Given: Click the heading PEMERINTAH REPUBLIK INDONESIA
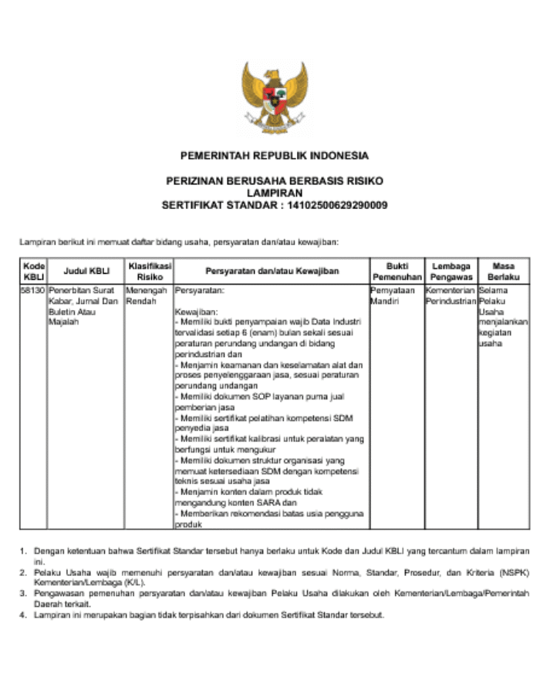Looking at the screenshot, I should pyautogui.click(x=275, y=155).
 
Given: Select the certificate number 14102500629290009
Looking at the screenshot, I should pyautogui.click(x=337, y=205).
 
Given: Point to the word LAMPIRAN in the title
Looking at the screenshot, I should pyautogui.click(x=275, y=193).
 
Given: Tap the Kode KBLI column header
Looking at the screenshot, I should pyautogui.click(x=34, y=271).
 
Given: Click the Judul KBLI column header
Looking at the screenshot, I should pyautogui.click(x=86, y=271).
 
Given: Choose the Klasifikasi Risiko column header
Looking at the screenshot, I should pyautogui.click(x=150, y=271).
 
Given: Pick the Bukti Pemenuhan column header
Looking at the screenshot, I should pyautogui.click(x=397, y=271).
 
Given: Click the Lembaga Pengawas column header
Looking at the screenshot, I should pyautogui.click(x=451, y=271).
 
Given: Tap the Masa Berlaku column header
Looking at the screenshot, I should pyautogui.click(x=503, y=271).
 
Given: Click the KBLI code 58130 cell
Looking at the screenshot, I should pyautogui.click(x=34, y=291).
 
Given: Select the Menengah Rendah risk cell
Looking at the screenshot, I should pyautogui.click(x=146, y=296).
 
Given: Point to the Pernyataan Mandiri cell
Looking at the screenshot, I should pyautogui.click(x=393, y=296).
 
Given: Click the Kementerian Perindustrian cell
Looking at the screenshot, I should pyautogui.click(x=451, y=296).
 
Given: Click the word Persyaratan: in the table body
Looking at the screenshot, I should pyautogui.click(x=200, y=291).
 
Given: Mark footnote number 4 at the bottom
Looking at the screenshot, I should pyautogui.click(x=23, y=615).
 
